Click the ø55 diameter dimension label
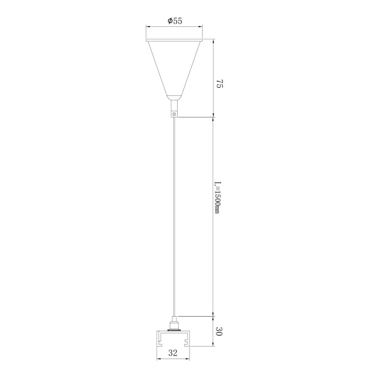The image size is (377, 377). [175, 21]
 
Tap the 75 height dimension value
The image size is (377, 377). [220, 84]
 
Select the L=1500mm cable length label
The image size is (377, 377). [217, 197]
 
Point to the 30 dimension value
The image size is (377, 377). [219, 331]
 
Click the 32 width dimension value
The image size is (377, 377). [173, 353]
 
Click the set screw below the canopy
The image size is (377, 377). [175, 114]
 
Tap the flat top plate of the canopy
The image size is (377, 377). [174, 40]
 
